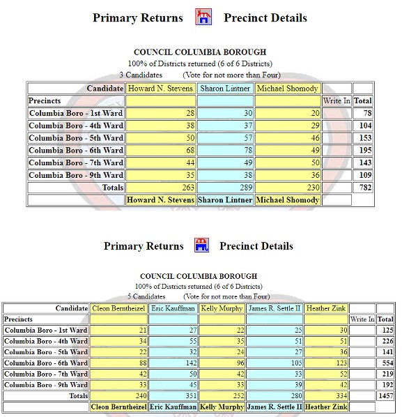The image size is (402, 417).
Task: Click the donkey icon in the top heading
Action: (203, 17)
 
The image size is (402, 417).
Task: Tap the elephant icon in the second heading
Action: (201, 245)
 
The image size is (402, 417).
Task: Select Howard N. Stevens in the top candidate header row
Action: (160, 89)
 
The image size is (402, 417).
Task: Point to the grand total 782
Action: (364, 188)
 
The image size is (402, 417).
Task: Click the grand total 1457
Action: (385, 396)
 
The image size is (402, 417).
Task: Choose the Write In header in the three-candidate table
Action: (337, 101)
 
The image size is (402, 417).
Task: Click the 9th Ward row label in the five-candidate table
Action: (46, 384)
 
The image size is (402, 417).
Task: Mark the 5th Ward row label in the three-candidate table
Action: (76, 138)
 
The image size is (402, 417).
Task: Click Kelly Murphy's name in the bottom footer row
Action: (221, 407)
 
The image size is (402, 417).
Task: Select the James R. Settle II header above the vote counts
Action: (274, 308)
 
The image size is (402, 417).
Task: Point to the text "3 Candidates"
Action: (141, 75)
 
